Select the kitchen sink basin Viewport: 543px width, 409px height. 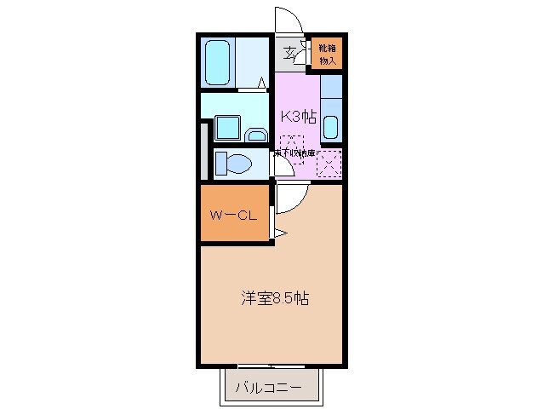(331, 125)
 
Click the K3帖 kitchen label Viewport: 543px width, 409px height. (298, 117)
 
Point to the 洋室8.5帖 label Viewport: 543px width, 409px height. (273, 298)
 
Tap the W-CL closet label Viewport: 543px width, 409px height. (233, 216)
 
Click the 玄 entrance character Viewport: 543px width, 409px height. (290, 54)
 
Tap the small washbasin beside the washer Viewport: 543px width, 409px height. (254, 134)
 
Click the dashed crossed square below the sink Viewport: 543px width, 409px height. (330, 161)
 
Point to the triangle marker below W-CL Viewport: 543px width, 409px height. (278, 233)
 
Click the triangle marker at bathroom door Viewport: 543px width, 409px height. (263, 83)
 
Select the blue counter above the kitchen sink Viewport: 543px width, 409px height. (331, 88)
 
